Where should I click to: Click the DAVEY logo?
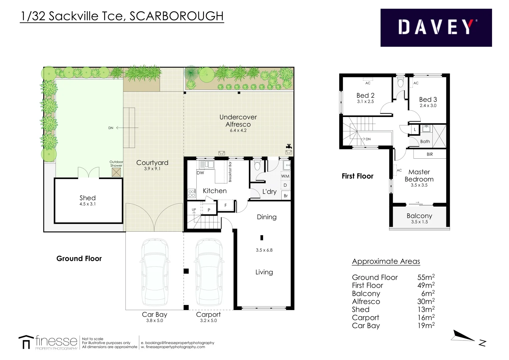point(436,27)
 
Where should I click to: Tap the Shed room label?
point(87,198)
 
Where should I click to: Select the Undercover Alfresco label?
point(238,121)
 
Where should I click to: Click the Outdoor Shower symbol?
point(116,172)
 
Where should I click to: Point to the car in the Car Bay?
point(154,272)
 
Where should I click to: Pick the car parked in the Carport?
point(208,272)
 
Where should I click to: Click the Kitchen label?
point(215,191)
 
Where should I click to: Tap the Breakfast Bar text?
point(230,172)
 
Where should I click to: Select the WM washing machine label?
point(285,176)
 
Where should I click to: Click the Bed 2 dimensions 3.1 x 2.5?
point(365,102)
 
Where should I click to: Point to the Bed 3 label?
point(428,99)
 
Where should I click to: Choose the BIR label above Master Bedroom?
point(430,154)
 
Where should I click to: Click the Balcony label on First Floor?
point(419,216)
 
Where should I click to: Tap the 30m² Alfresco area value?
point(426,301)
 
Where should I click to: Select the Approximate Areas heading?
point(386,261)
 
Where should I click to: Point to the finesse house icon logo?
point(26,342)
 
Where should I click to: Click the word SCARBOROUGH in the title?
point(176,16)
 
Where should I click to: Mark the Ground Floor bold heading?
point(79,259)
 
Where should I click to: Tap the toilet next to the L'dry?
point(257,165)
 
